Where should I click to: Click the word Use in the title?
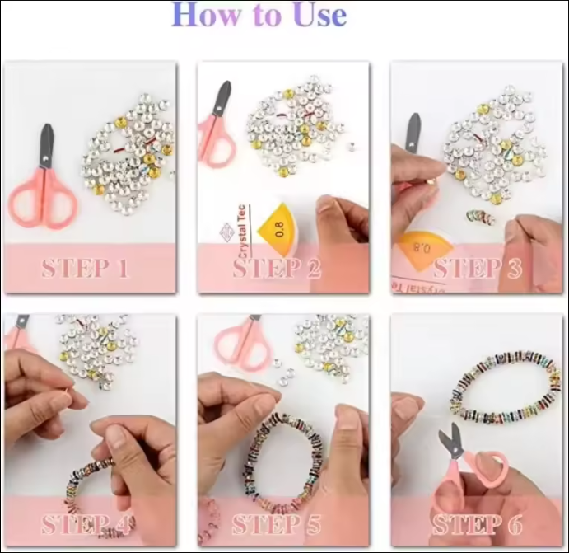[313, 16]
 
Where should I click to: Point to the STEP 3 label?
[477, 269]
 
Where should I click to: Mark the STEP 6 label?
[477, 523]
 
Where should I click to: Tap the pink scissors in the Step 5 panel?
[242, 341]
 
